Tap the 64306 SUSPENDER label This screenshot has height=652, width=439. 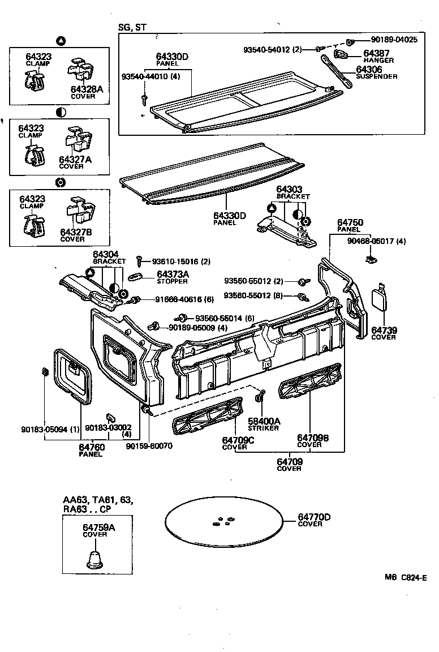click(x=376, y=72)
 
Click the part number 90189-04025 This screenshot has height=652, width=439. click(x=394, y=40)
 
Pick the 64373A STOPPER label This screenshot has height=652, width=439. click(x=172, y=277)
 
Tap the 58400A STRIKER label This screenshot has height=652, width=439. click(x=264, y=424)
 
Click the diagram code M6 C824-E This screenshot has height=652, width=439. click(x=405, y=578)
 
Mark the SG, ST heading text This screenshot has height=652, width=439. click(x=132, y=27)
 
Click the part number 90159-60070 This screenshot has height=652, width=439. click(x=149, y=445)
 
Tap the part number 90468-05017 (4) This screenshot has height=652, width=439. click(x=377, y=241)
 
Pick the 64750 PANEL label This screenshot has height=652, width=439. click(x=350, y=226)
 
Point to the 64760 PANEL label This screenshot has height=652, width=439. click(x=91, y=449)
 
